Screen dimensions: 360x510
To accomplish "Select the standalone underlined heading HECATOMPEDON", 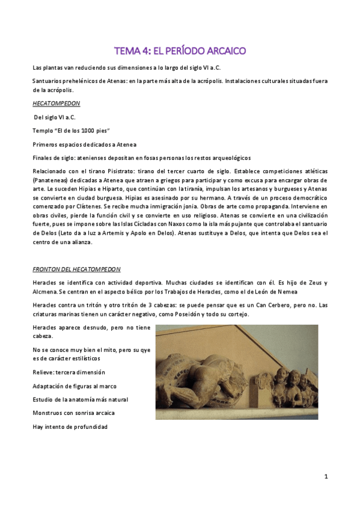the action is click(56, 103).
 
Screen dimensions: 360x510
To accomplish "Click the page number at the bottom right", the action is click(325, 477).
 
